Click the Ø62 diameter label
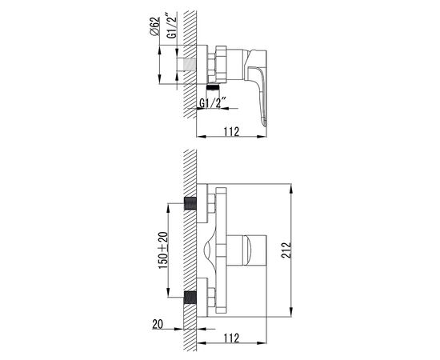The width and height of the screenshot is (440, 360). pyautogui.click(x=154, y=26)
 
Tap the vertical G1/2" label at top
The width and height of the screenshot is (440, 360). pyautogui.click(x=172, y=25)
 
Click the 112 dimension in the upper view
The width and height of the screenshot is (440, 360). pyautogui.click(x=231, y=131)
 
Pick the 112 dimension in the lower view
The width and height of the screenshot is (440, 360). pyautogui.click(x=231, y=338)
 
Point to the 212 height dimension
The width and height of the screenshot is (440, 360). pyautogui.click(x=286, y=250)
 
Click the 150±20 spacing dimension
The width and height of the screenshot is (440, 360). pyautogui.click(x=163, y=250)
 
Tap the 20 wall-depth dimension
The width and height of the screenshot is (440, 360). pyautogui.click(x=158, y=324)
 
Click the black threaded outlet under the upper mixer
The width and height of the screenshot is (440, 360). pyautogui.click(x=213, y=87)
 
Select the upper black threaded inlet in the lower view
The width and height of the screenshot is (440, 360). pyautogui.click(x=190, y=203)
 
